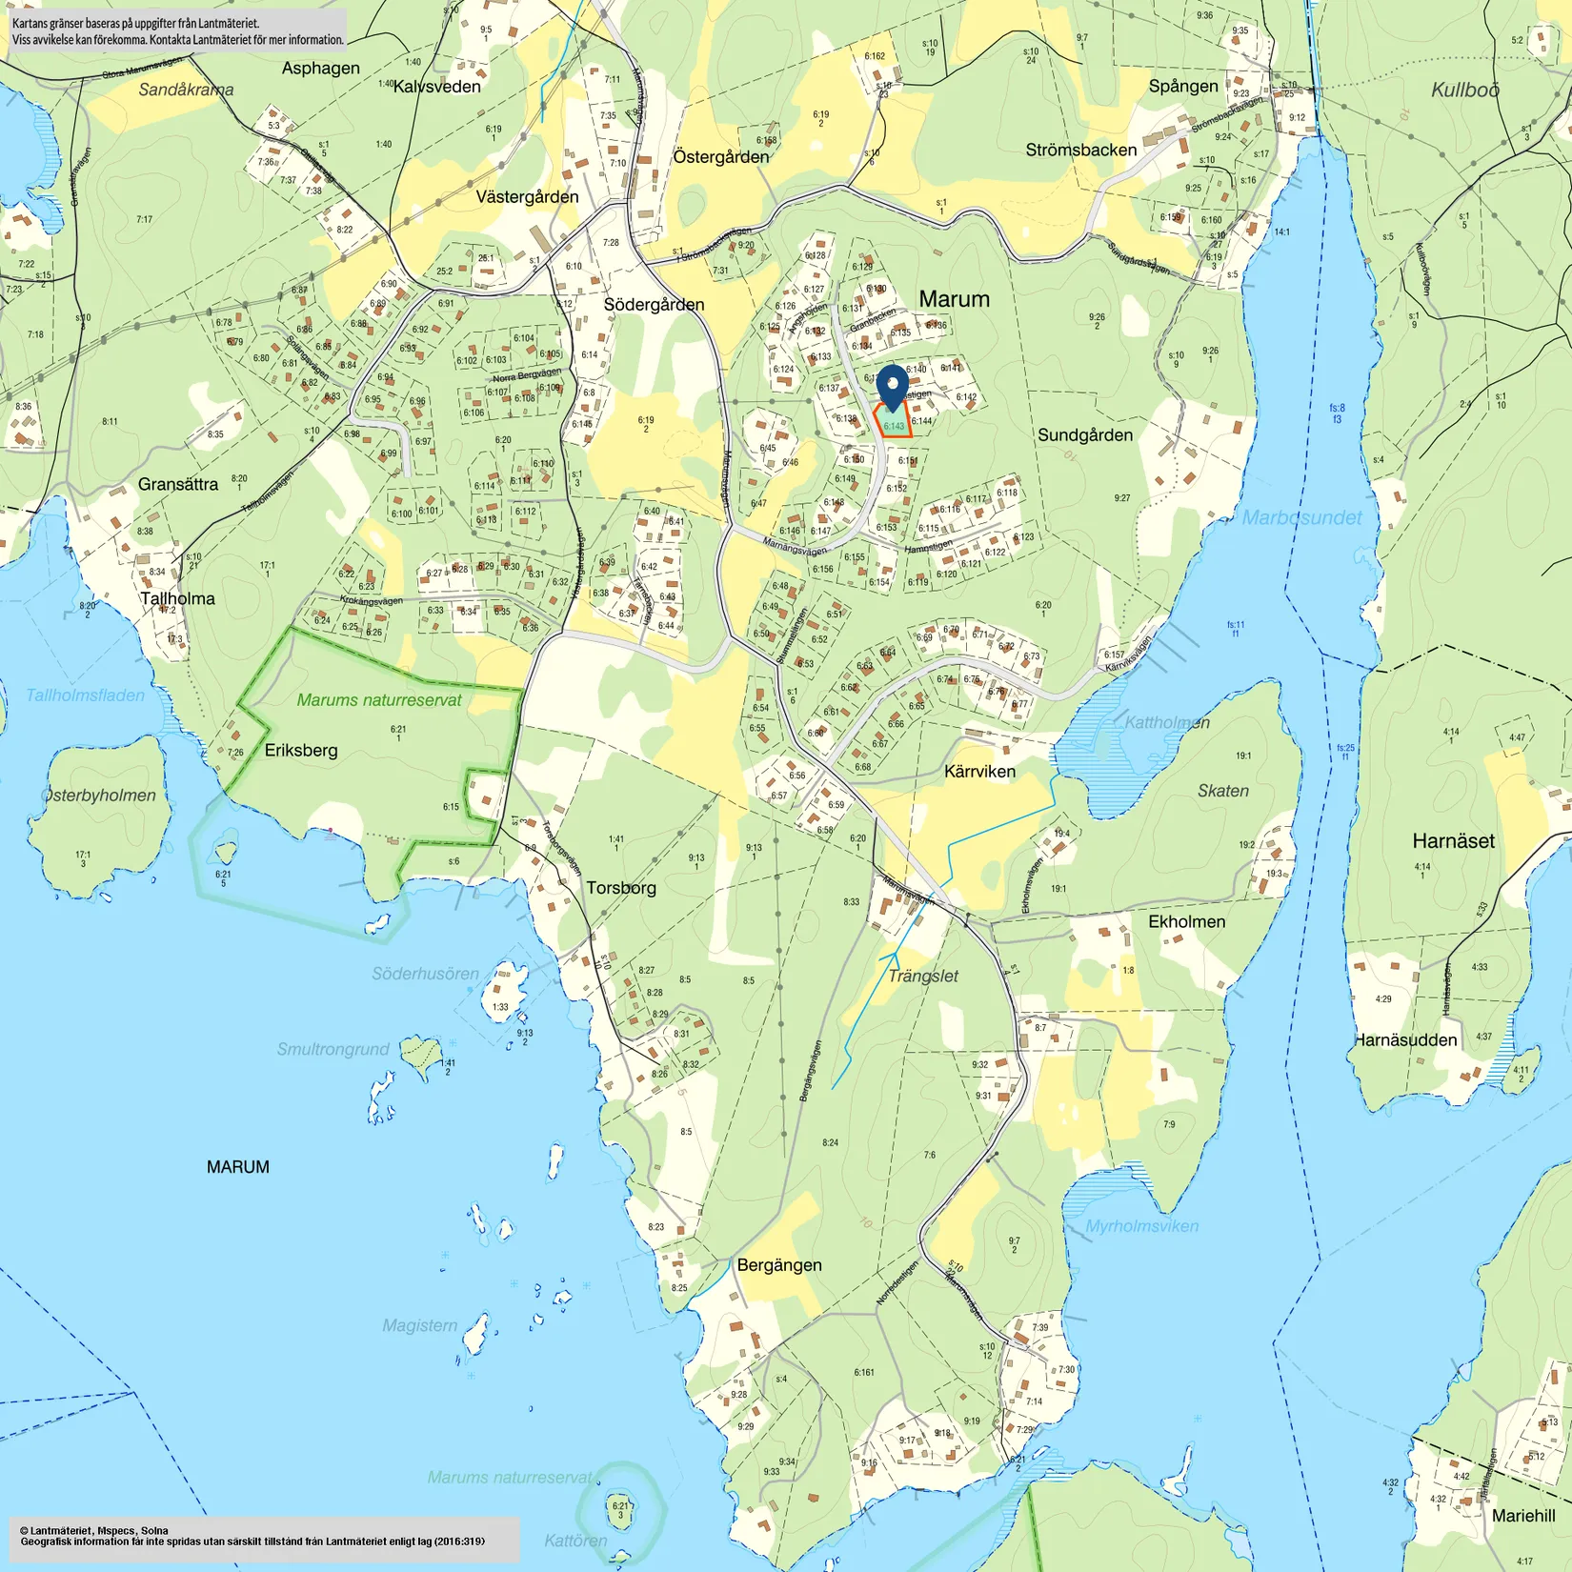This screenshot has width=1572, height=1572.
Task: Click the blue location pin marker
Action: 892,386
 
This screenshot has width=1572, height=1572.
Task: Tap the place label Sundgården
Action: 1085,435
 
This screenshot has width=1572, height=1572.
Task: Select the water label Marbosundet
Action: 1301,518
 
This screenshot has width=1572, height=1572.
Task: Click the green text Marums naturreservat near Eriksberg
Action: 378,700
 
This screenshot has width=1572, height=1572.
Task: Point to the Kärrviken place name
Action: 979,772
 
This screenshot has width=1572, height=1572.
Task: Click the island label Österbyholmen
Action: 100,796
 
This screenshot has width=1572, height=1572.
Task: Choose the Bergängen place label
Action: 779,1265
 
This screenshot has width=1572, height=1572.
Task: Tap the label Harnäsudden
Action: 1405,1040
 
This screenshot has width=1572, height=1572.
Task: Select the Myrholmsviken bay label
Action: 1141,1226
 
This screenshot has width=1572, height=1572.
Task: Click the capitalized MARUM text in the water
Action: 237,1167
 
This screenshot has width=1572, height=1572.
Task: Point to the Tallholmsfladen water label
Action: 85,695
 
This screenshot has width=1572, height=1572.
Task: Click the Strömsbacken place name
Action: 1080,151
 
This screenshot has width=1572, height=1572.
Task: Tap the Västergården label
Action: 527,197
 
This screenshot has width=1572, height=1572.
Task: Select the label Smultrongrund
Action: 333,1050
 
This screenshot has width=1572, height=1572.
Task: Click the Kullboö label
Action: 1464,91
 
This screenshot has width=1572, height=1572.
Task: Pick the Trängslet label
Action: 922,977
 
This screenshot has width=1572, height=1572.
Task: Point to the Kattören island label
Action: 575,1541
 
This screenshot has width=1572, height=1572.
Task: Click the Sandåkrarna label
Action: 186,91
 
